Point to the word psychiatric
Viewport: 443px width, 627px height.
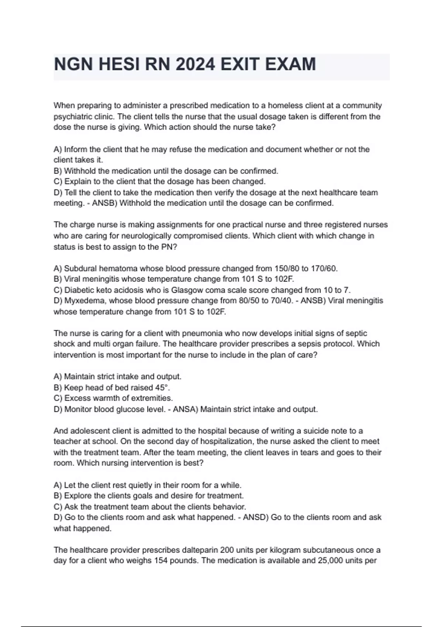(71, 117)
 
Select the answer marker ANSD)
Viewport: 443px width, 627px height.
(255, 517)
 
